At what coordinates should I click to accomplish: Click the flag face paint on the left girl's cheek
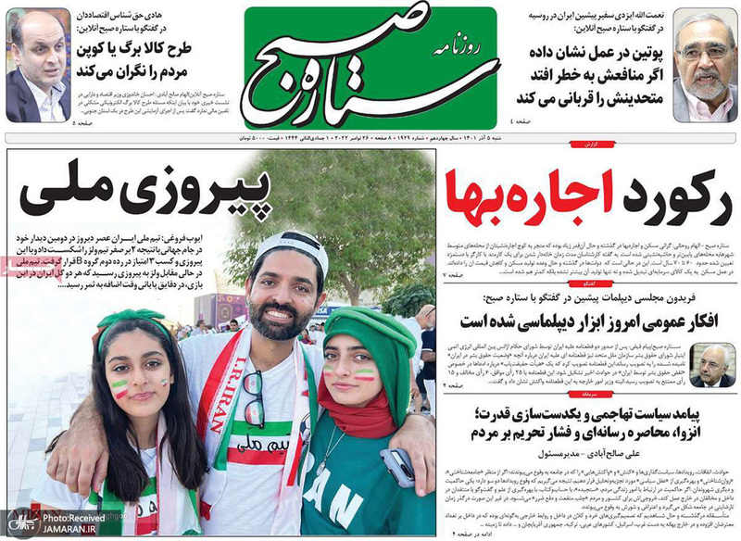[120, 389]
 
